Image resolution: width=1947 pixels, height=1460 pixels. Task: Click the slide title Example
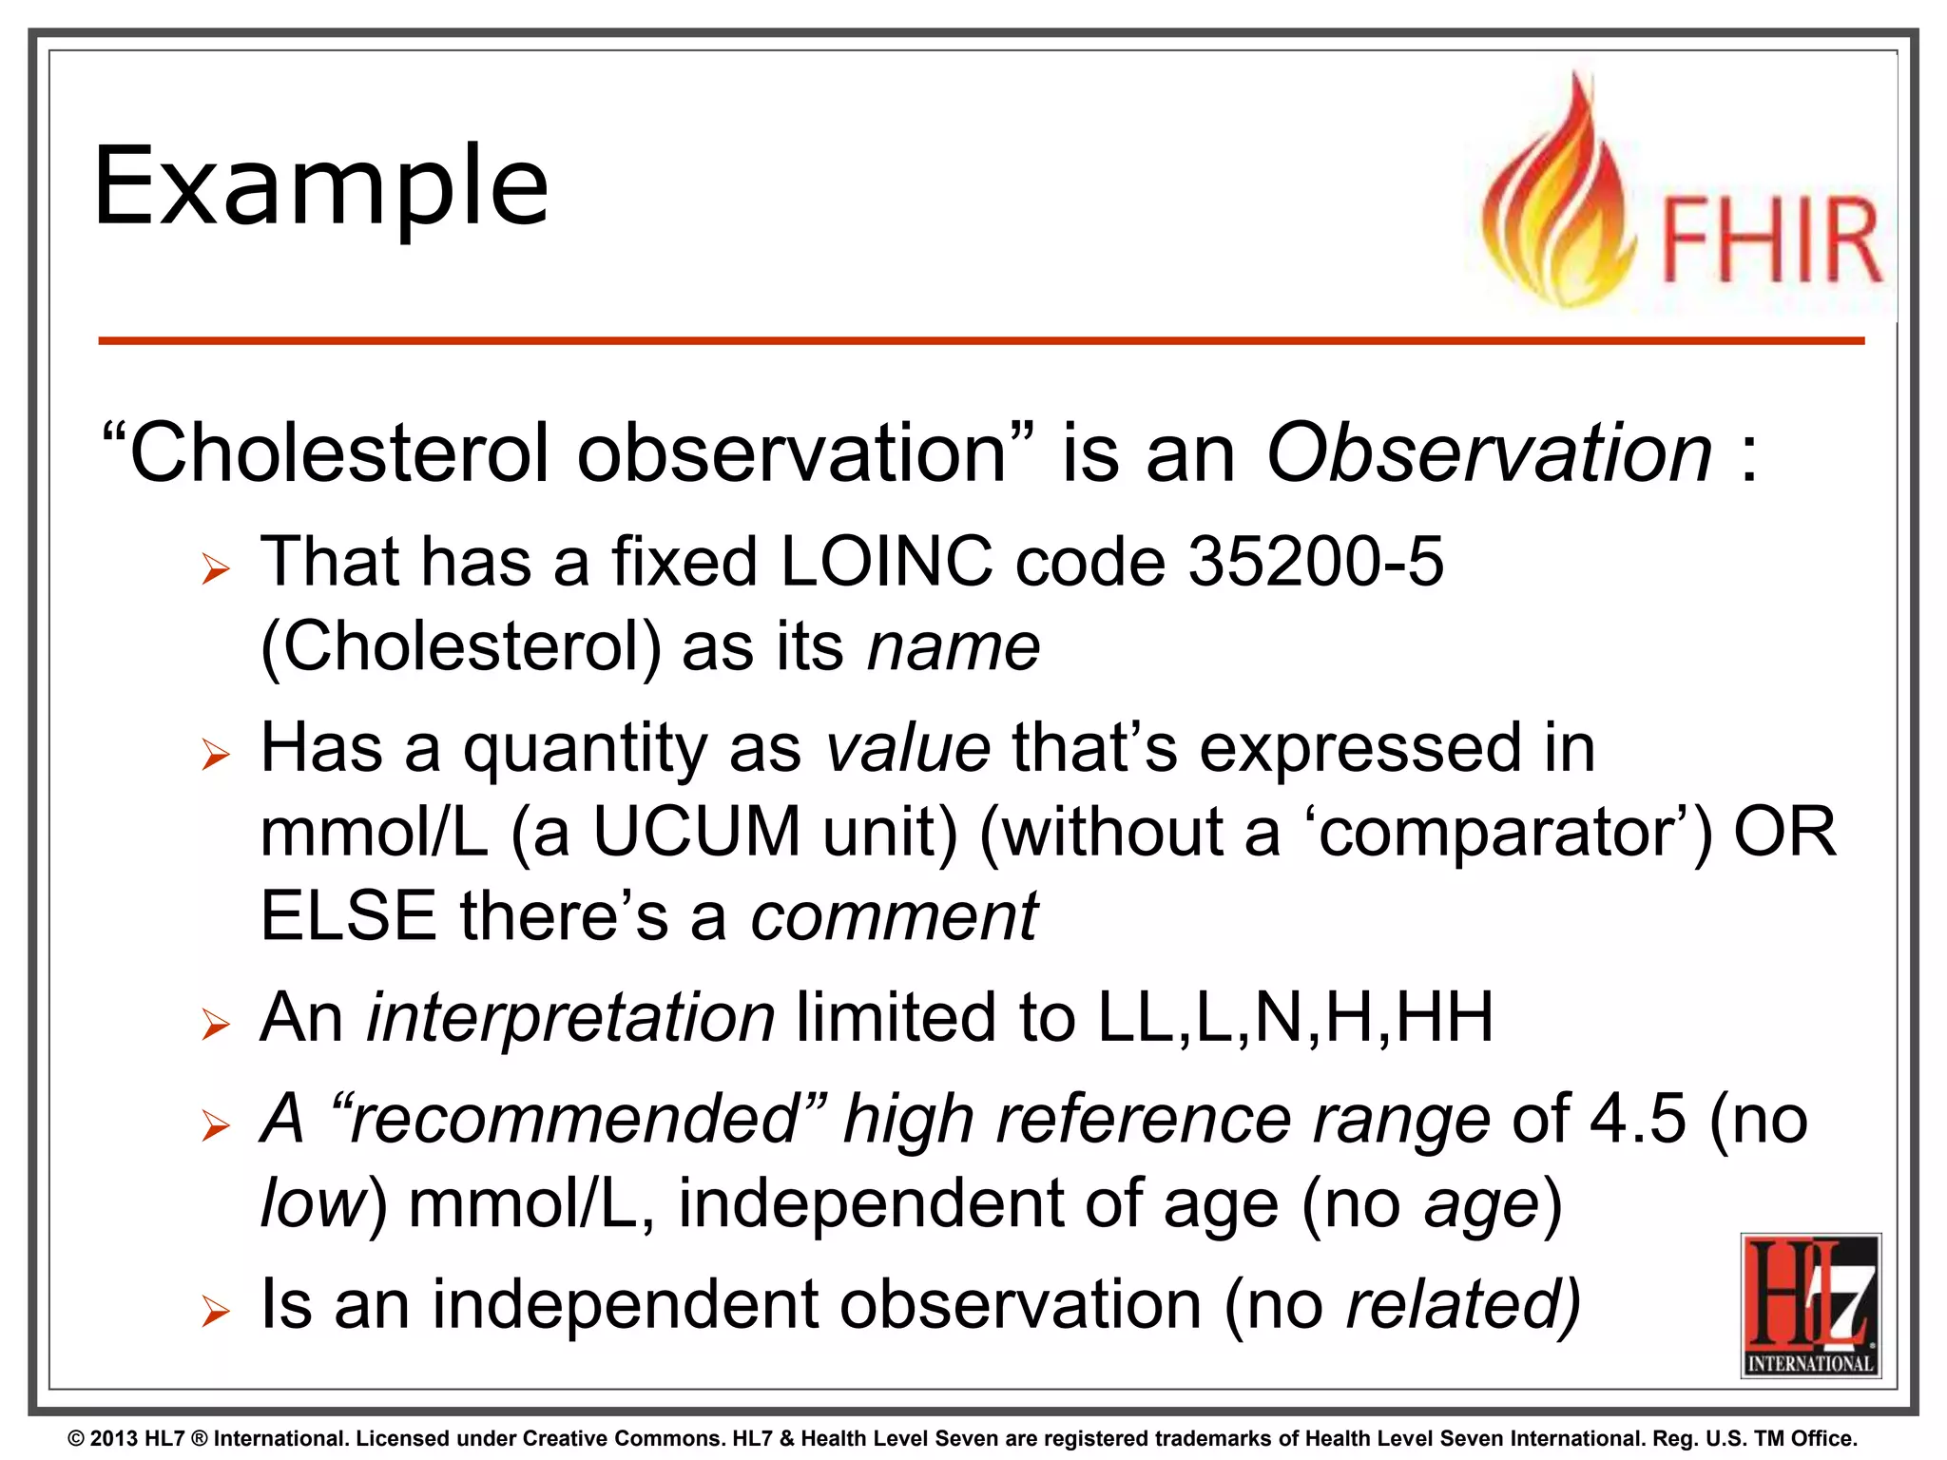tap(321, 187)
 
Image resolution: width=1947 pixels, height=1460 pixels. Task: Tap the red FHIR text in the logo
tap(1770, 241)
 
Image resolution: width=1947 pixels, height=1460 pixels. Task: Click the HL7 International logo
tap(1810, 1305)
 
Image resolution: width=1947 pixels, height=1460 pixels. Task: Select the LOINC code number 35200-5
tap(1317, 562)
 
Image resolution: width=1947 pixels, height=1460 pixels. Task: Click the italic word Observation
tap(1489, 453)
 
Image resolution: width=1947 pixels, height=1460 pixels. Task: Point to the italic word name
tap(954, 647)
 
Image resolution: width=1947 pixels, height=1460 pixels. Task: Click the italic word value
tap(908, 748)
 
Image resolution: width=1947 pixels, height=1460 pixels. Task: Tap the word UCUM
tap(697, 832)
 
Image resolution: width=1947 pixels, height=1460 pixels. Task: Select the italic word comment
tap(894, 916)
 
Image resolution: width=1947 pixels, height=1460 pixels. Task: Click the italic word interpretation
tap(570, 1018)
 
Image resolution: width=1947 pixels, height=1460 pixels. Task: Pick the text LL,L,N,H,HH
tap(1295, 1018)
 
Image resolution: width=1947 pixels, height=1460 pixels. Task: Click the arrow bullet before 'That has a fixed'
tap(216, 569)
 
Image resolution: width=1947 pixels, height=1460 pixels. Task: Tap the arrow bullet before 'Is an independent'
tap(216, 1313)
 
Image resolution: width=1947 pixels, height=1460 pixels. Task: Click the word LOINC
tap(886, 562)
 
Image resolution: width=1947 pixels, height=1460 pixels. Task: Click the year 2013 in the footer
tap(114, 1439)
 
